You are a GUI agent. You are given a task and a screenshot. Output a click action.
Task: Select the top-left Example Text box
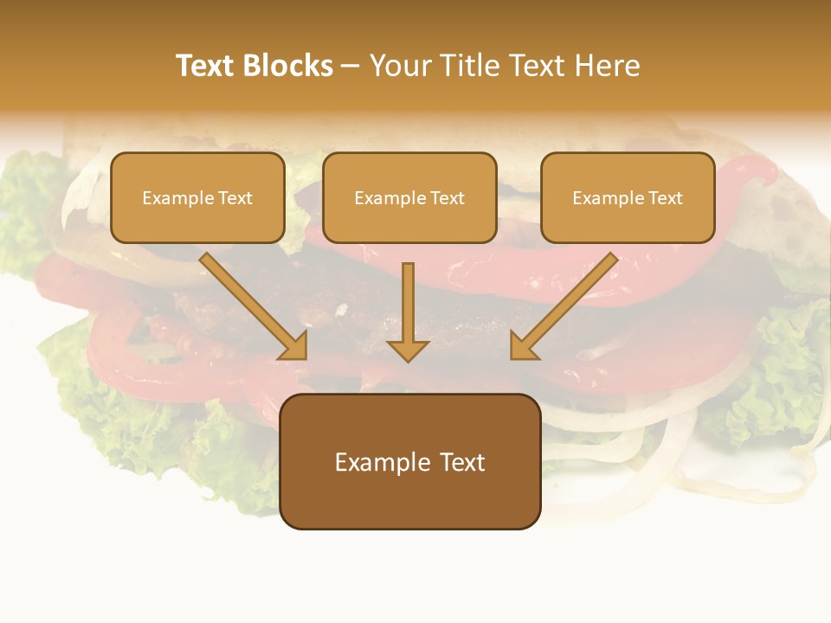(197, 198)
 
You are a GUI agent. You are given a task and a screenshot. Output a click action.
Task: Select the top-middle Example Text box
(409, 198)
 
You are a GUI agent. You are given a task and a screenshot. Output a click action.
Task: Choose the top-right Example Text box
(628, 198)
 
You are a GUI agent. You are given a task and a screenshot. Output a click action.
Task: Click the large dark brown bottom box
(410, 462)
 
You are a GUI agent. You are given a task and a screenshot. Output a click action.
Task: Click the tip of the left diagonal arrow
(303, 356)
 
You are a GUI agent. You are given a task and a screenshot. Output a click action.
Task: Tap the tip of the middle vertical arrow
(408, 358)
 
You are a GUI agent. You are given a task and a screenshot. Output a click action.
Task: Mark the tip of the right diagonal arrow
(514, 356)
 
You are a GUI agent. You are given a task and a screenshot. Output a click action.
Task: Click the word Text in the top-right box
(665, 198)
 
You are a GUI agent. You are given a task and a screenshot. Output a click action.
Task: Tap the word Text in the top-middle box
(447, 198)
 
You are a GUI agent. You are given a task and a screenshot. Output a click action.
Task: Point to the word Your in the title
(399, 66)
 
